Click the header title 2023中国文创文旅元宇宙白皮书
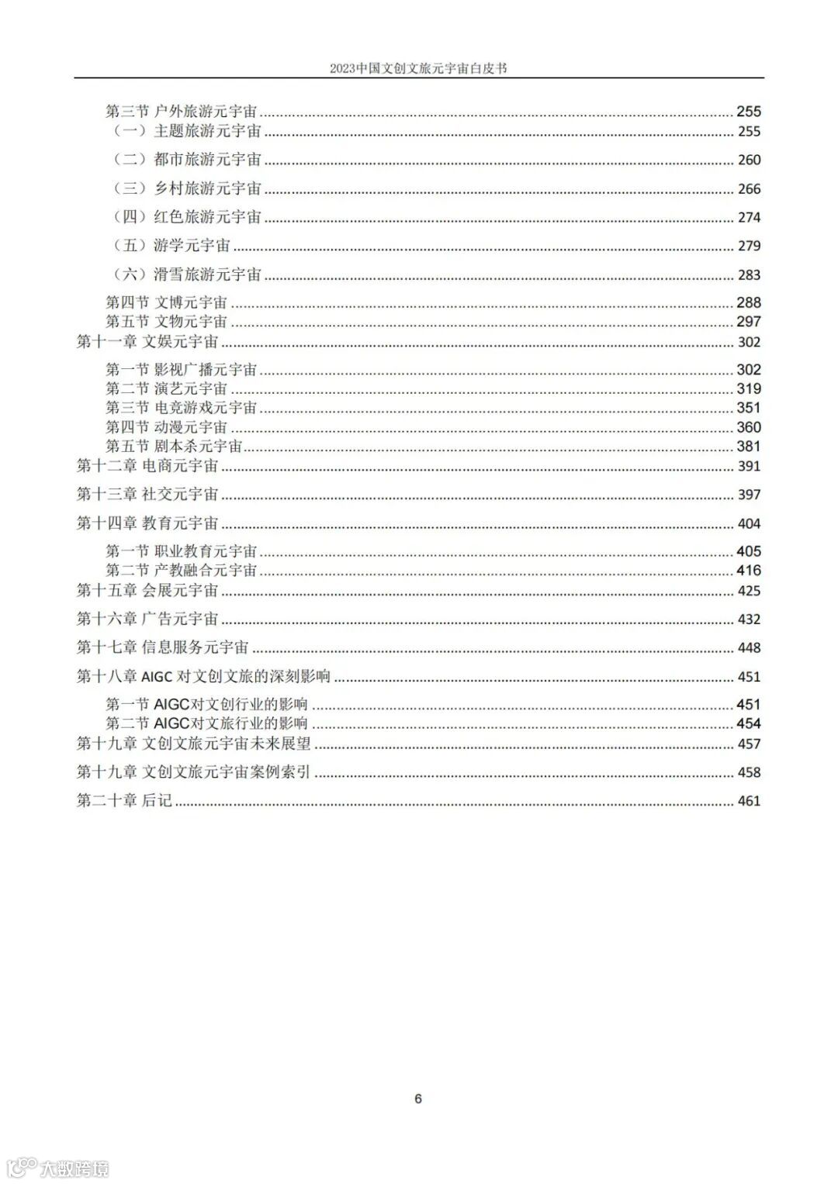click(x=418, y=68)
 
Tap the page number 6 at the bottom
click(x=418, y=1098)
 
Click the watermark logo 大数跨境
click(x=58, y=1167)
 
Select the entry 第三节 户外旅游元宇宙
click(x=182, y=112)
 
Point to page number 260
click(x=749, y=161)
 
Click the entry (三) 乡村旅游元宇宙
click(x=187, y=188)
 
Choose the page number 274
click(x=749, y=218)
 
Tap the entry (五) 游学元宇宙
click(x=171, y=246)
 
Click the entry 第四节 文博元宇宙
click(x=167, y=302)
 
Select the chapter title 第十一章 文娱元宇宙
click(x=147, y=342)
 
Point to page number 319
click(x=749, y=389)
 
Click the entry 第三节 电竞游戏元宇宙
click(x=182, y=408)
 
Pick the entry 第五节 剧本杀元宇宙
click(x=175, y=447)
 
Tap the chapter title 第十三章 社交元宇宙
click(x=147, y=495)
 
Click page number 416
click(x=749, y=571)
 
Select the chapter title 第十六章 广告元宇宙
click(x=147, y=620)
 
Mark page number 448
click(x=749, y=648)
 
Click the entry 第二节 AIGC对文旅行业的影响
click(x=207, y=723)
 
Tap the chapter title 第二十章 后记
click(x=124, y=801)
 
